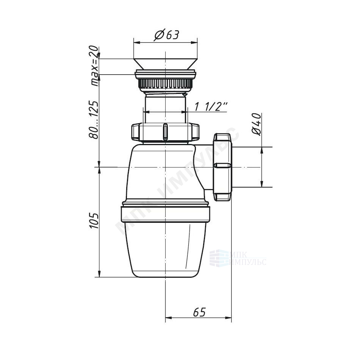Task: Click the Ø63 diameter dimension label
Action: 167,36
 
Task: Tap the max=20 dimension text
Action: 94,66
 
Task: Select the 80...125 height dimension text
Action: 94,120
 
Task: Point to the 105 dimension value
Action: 94,221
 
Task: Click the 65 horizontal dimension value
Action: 199,312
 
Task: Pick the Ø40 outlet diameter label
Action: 257,124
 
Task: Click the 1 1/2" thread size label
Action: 211,106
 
